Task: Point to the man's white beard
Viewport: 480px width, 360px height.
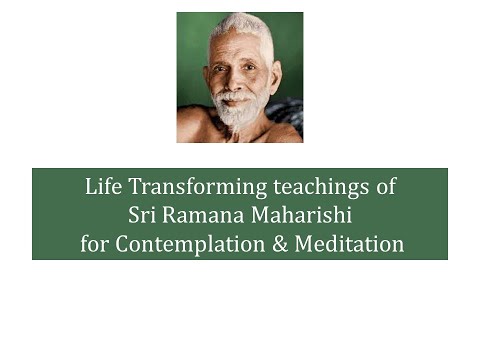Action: pyautogui.click(x=237, y=111)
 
